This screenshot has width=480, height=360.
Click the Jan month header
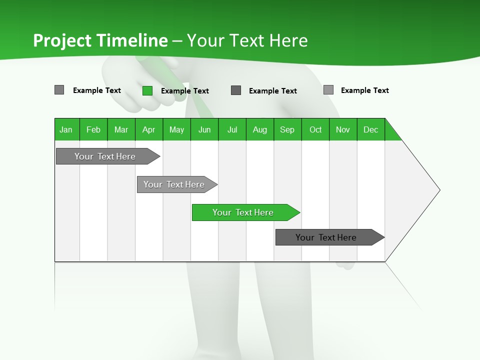pos(66,129)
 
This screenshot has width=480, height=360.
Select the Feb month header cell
pos(93,129)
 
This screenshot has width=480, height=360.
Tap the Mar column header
pos(121,129)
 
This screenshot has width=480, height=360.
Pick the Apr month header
pos(149,129)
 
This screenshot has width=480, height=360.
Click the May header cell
pos(176,129)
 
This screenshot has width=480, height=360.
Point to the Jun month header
pos(204,129)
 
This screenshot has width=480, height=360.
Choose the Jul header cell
pos(232,129)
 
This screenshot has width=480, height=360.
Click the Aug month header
pos(260,129)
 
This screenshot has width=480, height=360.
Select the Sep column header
pos(287,129)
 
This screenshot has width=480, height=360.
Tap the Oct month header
pos(315,129)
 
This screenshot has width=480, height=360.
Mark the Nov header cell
pos(343,129)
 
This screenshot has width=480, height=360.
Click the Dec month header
pos(371,129)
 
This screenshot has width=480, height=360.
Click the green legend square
pos(147,90)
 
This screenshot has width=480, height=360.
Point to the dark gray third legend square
pos(236,90)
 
